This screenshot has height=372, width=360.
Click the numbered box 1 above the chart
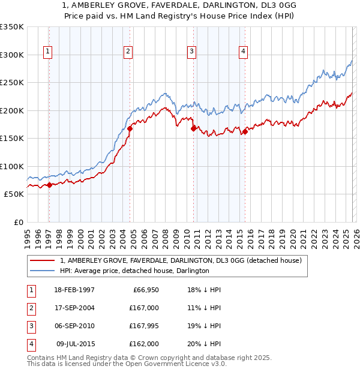click(47, 52)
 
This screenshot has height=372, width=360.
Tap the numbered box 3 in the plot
click(191, 52)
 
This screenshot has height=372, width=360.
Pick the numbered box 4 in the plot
click(243, 52)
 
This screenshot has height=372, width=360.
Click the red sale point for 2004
click(130, 128)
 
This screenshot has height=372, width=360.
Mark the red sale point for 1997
click(49, 185)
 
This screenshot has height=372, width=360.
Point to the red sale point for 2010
click(193, 128)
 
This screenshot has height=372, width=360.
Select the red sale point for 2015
click(245, 131)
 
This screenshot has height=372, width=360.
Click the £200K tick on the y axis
click(12, 110)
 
